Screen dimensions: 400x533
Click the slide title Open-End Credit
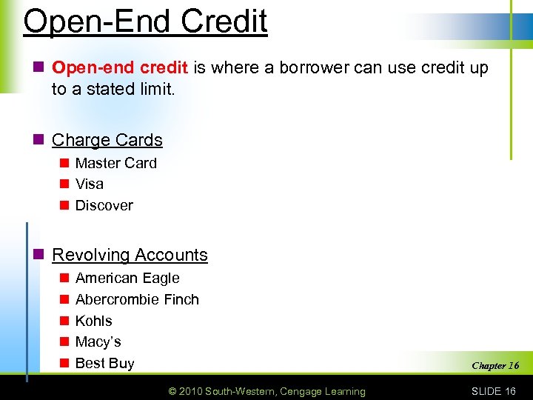(145, 21)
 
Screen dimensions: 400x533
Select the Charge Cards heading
(107, 140)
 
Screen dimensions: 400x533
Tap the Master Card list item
(115, 163)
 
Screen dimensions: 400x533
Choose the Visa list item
(90, 184)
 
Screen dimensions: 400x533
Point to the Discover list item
(104, 205)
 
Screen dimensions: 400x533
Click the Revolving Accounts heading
(130, 255)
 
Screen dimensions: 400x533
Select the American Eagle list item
(127, 279)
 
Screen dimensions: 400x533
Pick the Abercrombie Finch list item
(137, 299)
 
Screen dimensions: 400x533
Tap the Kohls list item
(94, 321)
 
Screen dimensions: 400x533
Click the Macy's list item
(98, 341)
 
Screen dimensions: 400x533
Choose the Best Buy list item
(104, 363)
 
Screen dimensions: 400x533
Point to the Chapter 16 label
(495, 365)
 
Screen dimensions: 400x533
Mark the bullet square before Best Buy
(64, 363)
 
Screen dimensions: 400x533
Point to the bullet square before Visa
(64, 184)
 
